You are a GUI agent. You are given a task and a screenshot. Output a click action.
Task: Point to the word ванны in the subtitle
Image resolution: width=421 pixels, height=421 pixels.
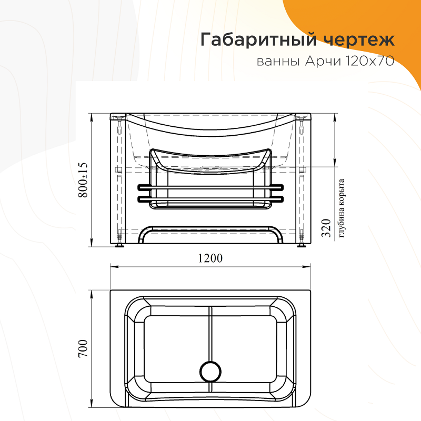click(x=278, y=62)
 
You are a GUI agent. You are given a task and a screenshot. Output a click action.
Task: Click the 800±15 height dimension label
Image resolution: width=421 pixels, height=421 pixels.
click(x=83, y=180)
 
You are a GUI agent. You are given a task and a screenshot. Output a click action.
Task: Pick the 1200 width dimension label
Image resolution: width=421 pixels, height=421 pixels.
click(x=210, y=258)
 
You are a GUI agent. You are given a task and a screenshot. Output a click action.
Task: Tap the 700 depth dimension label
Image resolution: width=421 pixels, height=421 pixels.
click(x=83, y=348)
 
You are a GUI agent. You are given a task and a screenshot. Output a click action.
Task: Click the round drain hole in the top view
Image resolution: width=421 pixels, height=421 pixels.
click(x=210, y=372)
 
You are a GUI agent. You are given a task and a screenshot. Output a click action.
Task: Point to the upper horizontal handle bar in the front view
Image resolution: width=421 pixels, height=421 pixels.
click(x=210, y=187)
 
